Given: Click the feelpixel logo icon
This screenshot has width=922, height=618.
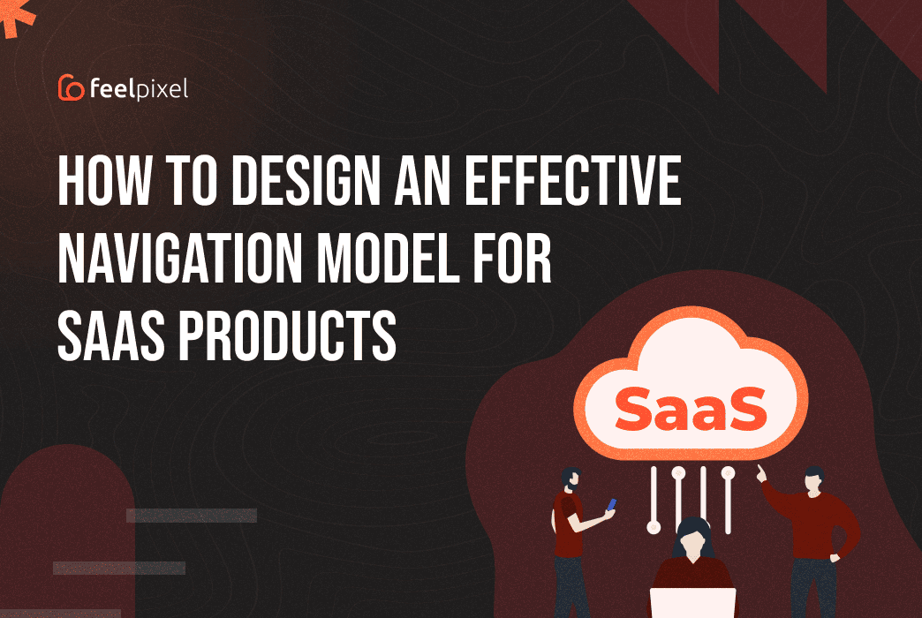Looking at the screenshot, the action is [72, 87].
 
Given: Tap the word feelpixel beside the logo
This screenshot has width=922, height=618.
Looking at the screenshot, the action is [139, 89].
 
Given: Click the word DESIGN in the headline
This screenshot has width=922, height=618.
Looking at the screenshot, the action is [306, 180].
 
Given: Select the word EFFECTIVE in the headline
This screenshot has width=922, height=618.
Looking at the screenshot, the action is [573, 180].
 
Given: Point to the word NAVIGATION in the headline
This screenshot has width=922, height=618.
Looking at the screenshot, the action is [179, 258].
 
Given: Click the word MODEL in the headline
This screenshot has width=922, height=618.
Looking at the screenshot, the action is [388, 258].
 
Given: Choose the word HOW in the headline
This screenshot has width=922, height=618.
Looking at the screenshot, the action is [105, 180].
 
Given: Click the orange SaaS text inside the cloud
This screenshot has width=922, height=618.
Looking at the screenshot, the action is [691, 409].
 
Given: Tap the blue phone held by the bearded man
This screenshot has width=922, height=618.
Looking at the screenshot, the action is [611, 504].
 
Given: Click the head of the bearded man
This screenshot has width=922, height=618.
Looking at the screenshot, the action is [571, 479].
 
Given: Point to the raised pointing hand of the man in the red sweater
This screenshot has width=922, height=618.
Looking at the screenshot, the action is [761, 472].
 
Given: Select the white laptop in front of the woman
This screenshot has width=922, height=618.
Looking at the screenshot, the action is [692, 603].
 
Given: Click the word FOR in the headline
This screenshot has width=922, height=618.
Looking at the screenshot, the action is [513, 258].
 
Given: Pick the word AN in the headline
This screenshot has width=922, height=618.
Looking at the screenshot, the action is [423, 180].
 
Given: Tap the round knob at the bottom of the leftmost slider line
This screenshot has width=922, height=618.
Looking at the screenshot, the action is [654, 527].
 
